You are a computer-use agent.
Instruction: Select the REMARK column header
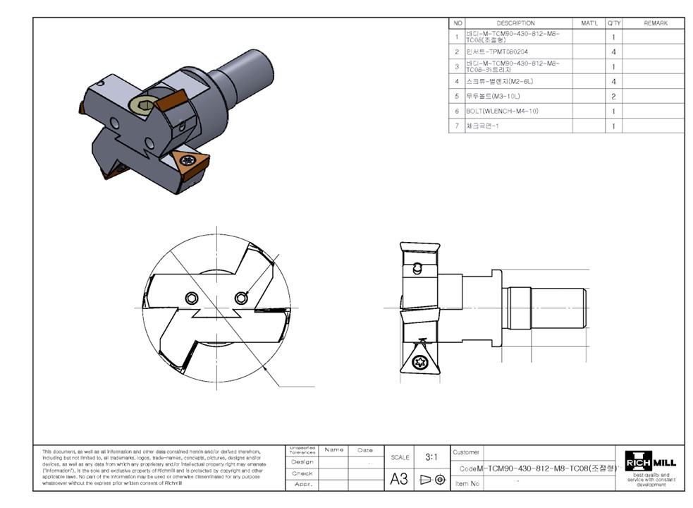coord(655,23)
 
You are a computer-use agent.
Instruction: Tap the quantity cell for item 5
coord(613,96)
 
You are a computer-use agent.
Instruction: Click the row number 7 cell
coord(457,126)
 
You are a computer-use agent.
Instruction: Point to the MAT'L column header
coord(589,23)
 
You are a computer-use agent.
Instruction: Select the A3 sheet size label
coord(399,479)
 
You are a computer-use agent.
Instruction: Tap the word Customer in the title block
coord(466,452)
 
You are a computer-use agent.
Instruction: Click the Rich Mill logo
coord(649,462)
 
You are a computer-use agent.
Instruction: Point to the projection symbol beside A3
coord(431,479)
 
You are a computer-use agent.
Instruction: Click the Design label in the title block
coord(302,461)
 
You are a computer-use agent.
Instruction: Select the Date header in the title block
coord(365,449)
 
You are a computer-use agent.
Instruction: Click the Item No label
coord(467,483)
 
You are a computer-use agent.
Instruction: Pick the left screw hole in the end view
coord(191,298)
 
